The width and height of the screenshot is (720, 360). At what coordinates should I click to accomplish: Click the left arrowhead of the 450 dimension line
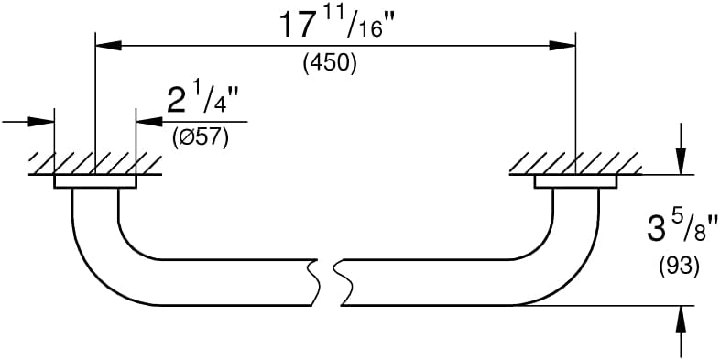108,46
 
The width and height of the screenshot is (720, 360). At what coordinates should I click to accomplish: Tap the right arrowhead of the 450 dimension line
562,46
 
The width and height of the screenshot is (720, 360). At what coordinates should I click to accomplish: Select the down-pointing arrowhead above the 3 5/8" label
681,161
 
